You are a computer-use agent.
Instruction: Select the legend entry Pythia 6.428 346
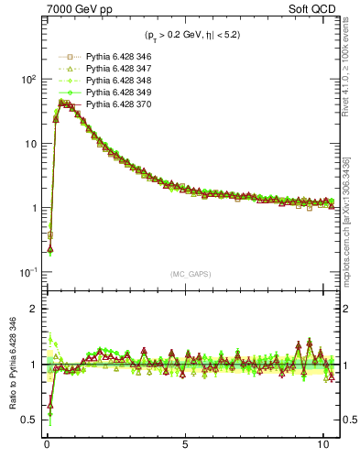114,57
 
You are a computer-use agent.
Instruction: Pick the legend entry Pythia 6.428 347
114,69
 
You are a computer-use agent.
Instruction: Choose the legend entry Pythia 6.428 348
114,81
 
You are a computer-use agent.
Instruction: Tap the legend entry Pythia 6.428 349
114,93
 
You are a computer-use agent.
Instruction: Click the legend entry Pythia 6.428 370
114,104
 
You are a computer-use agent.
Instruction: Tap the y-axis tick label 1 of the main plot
30,208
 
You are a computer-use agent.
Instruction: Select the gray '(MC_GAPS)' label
186,274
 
